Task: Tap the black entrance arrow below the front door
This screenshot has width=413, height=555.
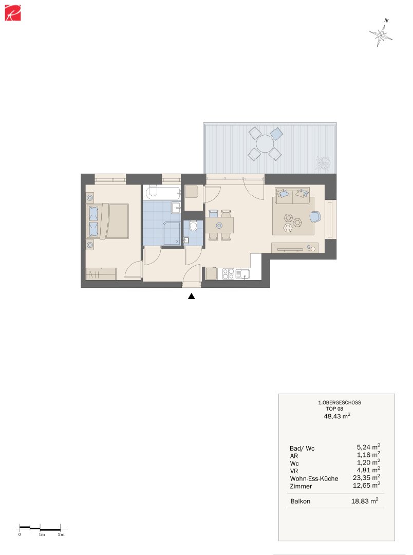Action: click(x=192, y=296)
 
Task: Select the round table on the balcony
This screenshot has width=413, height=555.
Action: click(x=265, y=143)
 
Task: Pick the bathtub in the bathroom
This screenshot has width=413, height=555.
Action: click(x=162, y=193)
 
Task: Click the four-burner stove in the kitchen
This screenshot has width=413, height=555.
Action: click(x=228, y=274)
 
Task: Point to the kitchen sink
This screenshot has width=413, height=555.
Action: click(x=243, y=274)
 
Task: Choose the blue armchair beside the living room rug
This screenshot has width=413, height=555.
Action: click(x=315, y=217)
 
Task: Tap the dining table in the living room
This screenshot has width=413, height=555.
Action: click(x=219, y=225)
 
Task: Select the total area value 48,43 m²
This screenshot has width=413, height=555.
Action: click(x=337, y=417)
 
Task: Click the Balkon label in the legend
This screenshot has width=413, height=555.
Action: click(x=300, y=502)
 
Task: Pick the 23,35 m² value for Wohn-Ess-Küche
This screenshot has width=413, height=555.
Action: click(x=368, y=477)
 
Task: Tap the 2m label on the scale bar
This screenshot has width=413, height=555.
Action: click(x=61, y=535)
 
